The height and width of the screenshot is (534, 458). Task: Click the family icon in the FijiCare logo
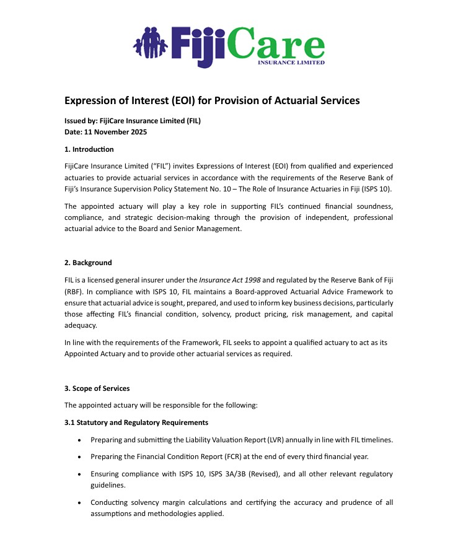151,43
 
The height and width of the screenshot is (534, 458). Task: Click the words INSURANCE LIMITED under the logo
291,62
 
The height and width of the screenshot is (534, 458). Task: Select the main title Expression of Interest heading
212,100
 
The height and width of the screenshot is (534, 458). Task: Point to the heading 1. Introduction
89,149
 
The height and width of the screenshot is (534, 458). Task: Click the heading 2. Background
88,263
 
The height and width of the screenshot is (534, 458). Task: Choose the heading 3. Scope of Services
97,388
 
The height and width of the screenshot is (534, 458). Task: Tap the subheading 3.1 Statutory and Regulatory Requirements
136,422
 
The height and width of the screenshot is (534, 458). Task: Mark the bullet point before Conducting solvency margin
79,502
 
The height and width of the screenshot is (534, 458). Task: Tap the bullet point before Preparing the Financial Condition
79,457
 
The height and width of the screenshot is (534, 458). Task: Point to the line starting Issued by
133,121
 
